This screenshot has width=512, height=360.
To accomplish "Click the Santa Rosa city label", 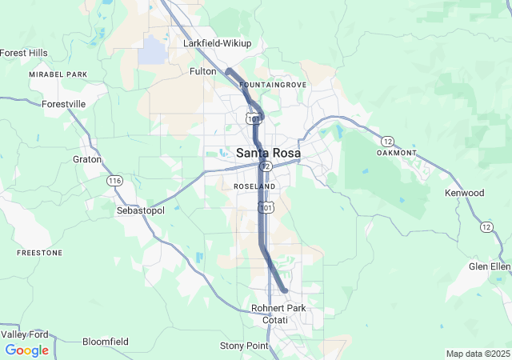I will click(268, 153).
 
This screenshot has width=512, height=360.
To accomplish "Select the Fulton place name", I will click(202, 71).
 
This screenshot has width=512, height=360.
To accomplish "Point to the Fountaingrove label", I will click(272, 84).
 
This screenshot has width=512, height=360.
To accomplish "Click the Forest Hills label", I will click(24, 53).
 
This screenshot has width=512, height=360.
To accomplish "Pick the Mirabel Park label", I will click(58, 74).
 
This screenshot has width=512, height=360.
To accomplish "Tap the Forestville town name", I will click(63, 104).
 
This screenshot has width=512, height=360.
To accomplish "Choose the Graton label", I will click(87, 159).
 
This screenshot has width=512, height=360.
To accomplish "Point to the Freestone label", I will click(39, 253).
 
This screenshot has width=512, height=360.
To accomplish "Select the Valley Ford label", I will click(25, 334).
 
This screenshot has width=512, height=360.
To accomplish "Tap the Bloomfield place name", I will click(106, 342).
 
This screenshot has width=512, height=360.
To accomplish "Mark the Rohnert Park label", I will click(278, 308).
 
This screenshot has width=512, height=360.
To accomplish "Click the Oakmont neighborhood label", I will click(397, 153).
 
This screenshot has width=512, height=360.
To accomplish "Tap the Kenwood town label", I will click(465, 193).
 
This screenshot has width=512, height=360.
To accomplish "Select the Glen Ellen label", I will click(490, 266).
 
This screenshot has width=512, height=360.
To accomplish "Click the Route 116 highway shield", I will click(114, 182).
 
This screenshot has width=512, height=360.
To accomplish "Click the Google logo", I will click(26, 350).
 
